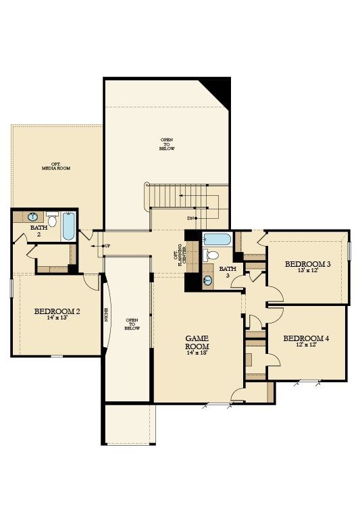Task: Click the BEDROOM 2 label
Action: coord(57,311)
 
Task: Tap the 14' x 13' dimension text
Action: coord(57,318)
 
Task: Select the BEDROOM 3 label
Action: coord(307,264)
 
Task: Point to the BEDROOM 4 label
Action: coord(305,338)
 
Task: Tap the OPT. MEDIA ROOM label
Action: coord(56,166)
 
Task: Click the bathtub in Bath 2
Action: coord(68,227)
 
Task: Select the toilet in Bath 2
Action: coord(51,220)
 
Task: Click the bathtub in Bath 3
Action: coord(217,239)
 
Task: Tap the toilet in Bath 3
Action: coord(213,255)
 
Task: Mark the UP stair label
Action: coord(106,245)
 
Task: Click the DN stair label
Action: coord(192,218)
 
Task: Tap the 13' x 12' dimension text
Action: coord(307,272)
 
